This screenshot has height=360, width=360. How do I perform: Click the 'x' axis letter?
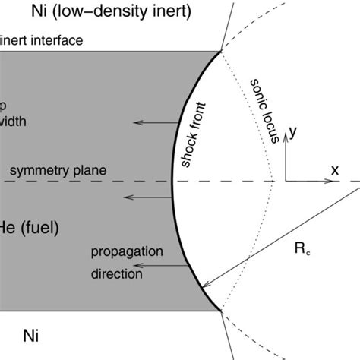(x=334, y=169)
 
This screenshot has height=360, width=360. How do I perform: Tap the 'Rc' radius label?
(x=304, y=248)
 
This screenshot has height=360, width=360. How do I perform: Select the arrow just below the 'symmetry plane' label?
(x=148, y=197)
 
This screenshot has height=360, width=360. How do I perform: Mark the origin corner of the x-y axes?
(x=286, y=181)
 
